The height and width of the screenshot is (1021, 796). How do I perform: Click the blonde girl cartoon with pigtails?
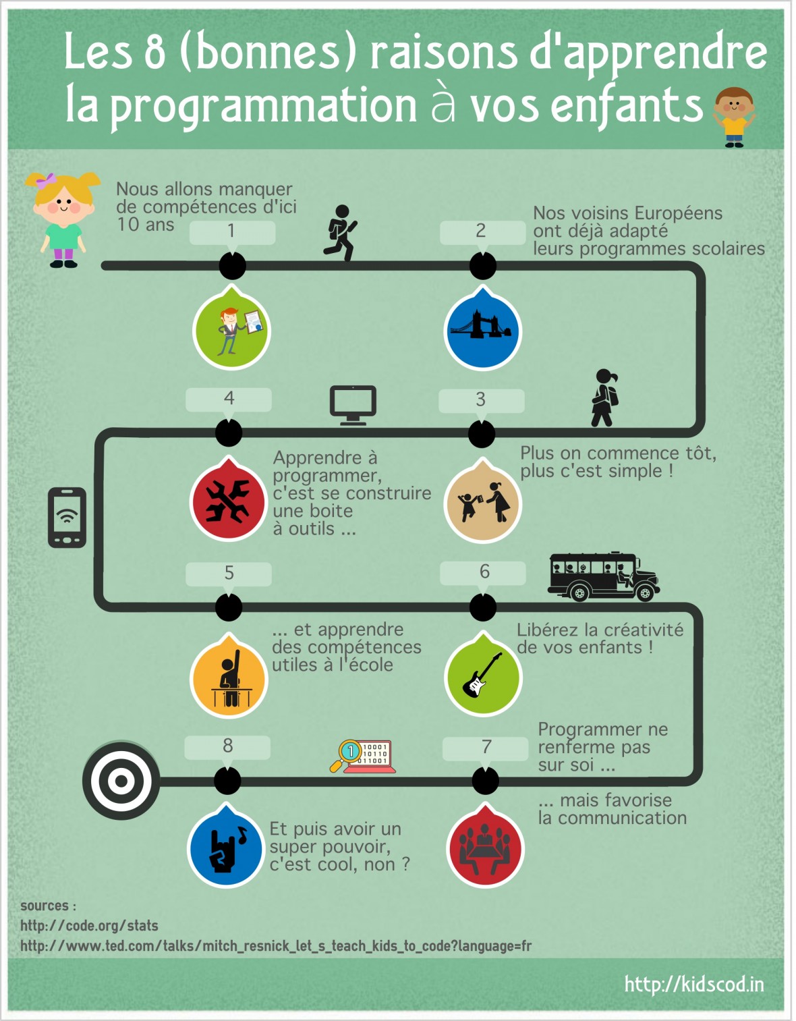click(x=63, y=219)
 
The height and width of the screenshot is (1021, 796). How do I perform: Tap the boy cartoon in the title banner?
click(x=734, y=117)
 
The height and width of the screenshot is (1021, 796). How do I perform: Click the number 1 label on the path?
click(x=232, y=231)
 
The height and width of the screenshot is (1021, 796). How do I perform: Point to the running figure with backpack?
click(x=340, y=233)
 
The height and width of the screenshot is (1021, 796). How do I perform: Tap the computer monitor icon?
click(x=353, y=405)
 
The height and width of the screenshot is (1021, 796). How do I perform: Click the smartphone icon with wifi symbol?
click(x=67, y=518)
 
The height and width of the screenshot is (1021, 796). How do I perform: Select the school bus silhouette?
click(x=604, y=576)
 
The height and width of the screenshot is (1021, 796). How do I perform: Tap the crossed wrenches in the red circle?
click(x=228, y=501)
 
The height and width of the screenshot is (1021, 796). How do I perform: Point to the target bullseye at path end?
click(x=121, y=781)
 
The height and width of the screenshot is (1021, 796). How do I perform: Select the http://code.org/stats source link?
click(x=89, y=926)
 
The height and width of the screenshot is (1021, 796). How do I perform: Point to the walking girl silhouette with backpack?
click(x=604, y=397)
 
